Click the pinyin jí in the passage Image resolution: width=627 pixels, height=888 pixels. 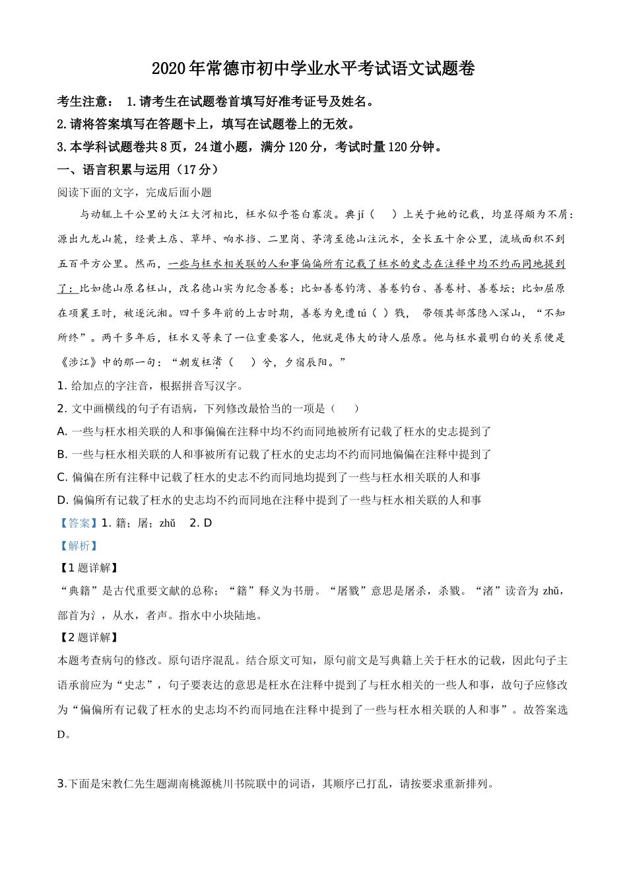(361, 214)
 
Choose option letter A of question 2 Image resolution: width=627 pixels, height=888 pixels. (62, 431)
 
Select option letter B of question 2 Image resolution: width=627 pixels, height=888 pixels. (62, 454)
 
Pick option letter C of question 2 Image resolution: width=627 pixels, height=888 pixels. (62, 477)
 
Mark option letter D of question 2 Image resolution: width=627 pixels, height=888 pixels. (62, 499)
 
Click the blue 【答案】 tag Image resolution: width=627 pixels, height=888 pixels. (78, 523)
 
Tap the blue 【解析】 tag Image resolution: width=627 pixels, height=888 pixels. (78, 546)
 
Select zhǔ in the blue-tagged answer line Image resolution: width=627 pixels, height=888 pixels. (168, 523)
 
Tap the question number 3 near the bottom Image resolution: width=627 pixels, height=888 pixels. (61, 784)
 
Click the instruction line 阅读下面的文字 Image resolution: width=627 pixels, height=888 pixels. (135, 192)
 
